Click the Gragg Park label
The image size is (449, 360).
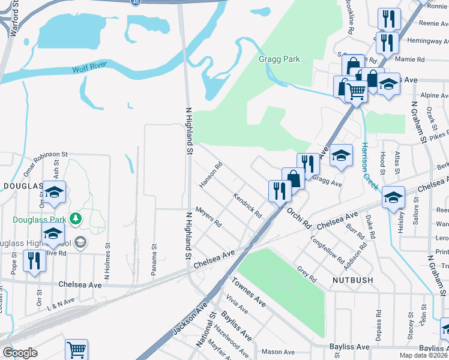pos(279,59)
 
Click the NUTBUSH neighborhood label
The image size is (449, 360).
pos(351,280)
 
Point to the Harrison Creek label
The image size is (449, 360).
pos(369,166)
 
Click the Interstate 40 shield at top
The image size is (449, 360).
pos(136,2)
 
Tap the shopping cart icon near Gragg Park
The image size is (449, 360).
pos(357,92)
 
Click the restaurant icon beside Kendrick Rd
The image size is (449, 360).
pos(280,190)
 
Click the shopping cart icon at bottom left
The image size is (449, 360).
pos(76,349)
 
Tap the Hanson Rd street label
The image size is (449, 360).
pos(211,175)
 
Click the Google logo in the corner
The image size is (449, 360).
pos(20,353)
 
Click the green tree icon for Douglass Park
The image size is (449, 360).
pos(76,217)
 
